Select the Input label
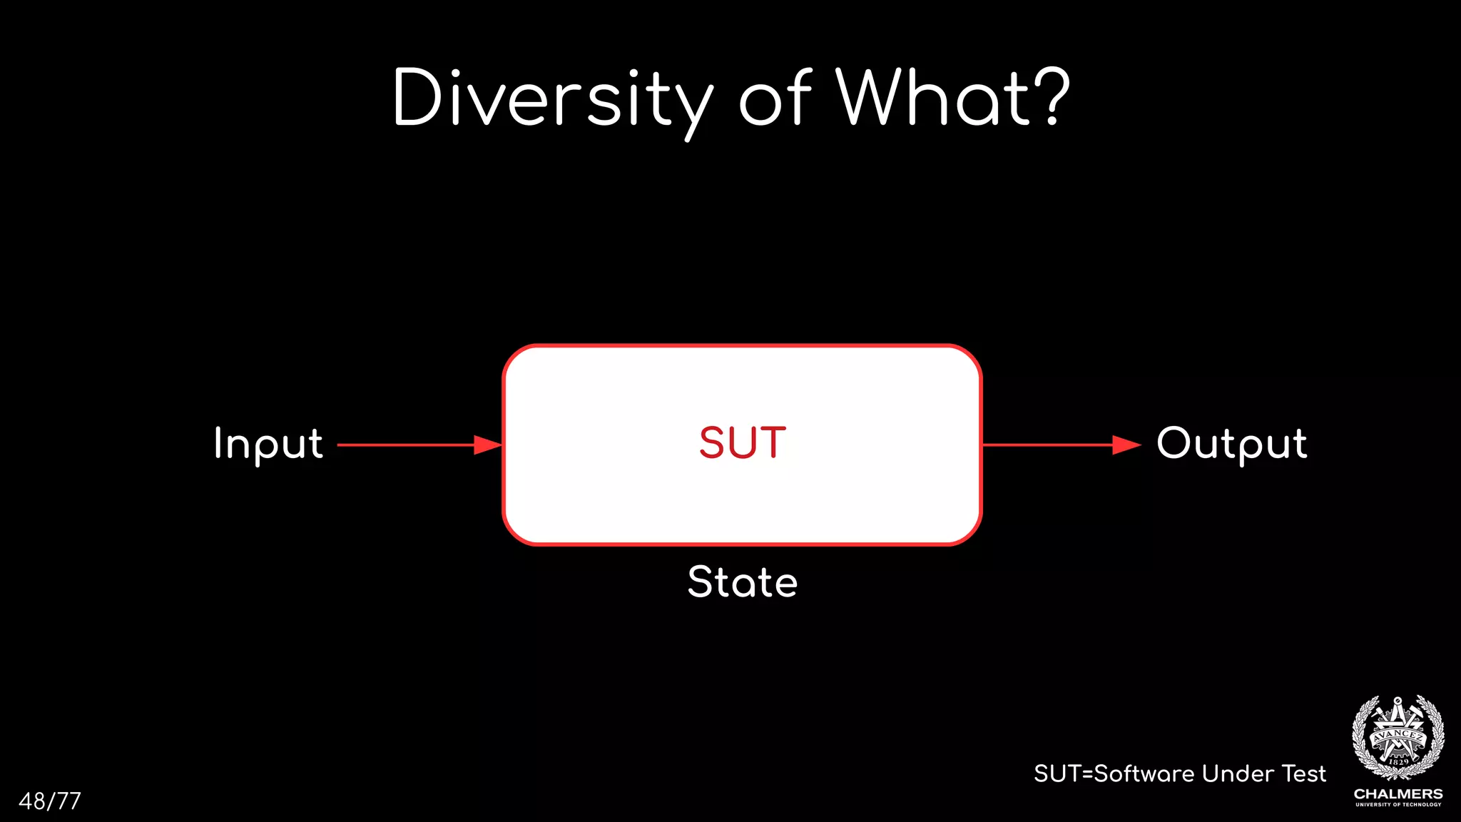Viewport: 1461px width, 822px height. (268, 444)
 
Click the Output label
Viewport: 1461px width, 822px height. (1232, 444)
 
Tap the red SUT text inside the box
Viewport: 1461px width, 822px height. (743, 443)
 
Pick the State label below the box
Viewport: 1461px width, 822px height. (743, 582)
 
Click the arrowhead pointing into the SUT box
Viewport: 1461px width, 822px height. (489, 445)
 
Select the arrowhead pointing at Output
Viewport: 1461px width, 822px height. (1127, 445)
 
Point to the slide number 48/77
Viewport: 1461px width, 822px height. (50, 801)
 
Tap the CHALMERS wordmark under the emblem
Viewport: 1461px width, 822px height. (1398, 793)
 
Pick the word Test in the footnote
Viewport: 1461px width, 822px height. (1304, 773)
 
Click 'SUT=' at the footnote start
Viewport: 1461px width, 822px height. (1063, 773)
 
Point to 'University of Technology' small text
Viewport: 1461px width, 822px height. (1398, 805)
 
